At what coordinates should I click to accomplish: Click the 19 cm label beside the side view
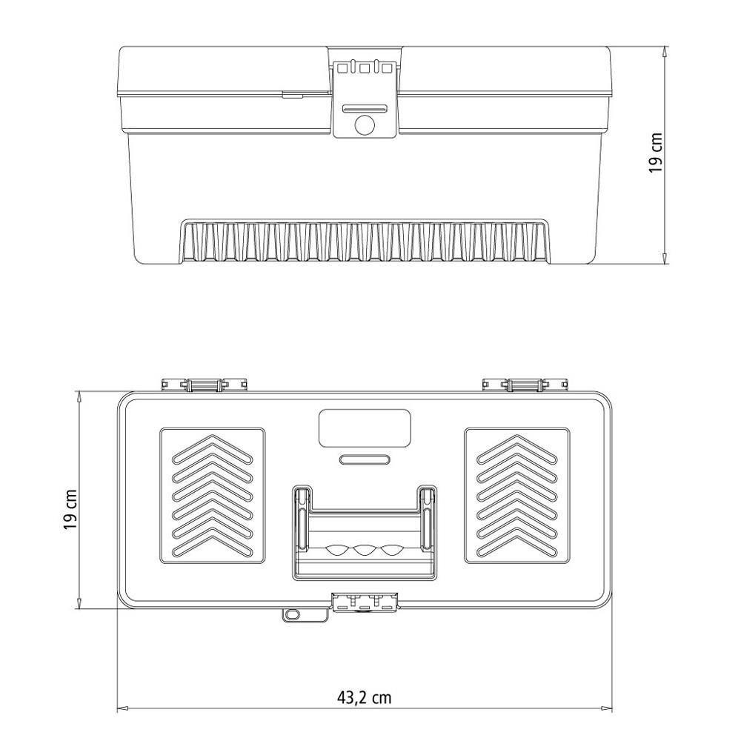pyautogui.click(x=656, y=153)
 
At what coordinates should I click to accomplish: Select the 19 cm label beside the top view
pyautogui.click(x=70, y=510)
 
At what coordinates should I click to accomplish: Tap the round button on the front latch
pyautogui.click(x=364, y=125)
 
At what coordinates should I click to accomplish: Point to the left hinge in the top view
pyautogui.click(x=204, y=385)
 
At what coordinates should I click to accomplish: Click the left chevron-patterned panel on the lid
pyautogui.click(x=213, y=494)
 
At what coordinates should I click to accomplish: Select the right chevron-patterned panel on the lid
pyautogui.click(x=516, y=494)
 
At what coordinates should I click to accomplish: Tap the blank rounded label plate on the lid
pyautogui.click(x=364, y=428)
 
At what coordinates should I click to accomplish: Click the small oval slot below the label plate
pyautogui.click(x=364, y=459)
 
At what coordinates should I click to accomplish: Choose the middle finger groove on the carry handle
pyautogui.click(x=364, y=551)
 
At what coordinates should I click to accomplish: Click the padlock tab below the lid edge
pyautogui.click(x=292, y=615)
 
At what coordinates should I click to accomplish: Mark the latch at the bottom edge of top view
pyautogui.click(x=364, y=603)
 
